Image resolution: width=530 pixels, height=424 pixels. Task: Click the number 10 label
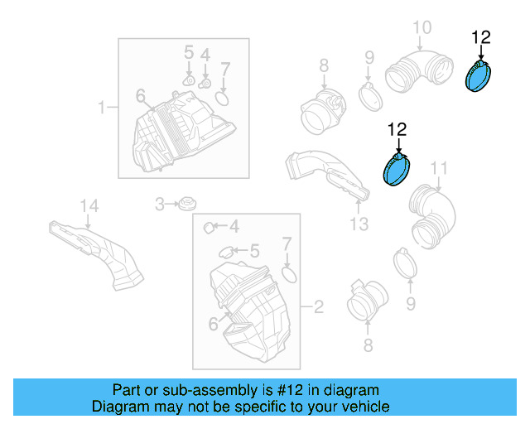coord(422,28)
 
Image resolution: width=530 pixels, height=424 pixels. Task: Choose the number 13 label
coord(358,224)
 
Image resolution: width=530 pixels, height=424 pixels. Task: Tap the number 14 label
coord(89,205)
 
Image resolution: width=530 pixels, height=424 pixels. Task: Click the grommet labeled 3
coord(187,203)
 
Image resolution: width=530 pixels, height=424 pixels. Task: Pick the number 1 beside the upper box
coord(103,107)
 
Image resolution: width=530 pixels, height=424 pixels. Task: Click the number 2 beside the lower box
coord(318,308)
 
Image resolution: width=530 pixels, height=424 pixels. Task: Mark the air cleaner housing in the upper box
coord(182,128)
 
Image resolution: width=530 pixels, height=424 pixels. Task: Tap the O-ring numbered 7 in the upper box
coord(223,99)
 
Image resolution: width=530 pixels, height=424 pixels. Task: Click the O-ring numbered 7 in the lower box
coord(288,273)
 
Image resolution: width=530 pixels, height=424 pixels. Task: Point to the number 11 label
coord(438,169)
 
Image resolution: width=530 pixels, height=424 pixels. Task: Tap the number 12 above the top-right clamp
coord(480,36)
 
